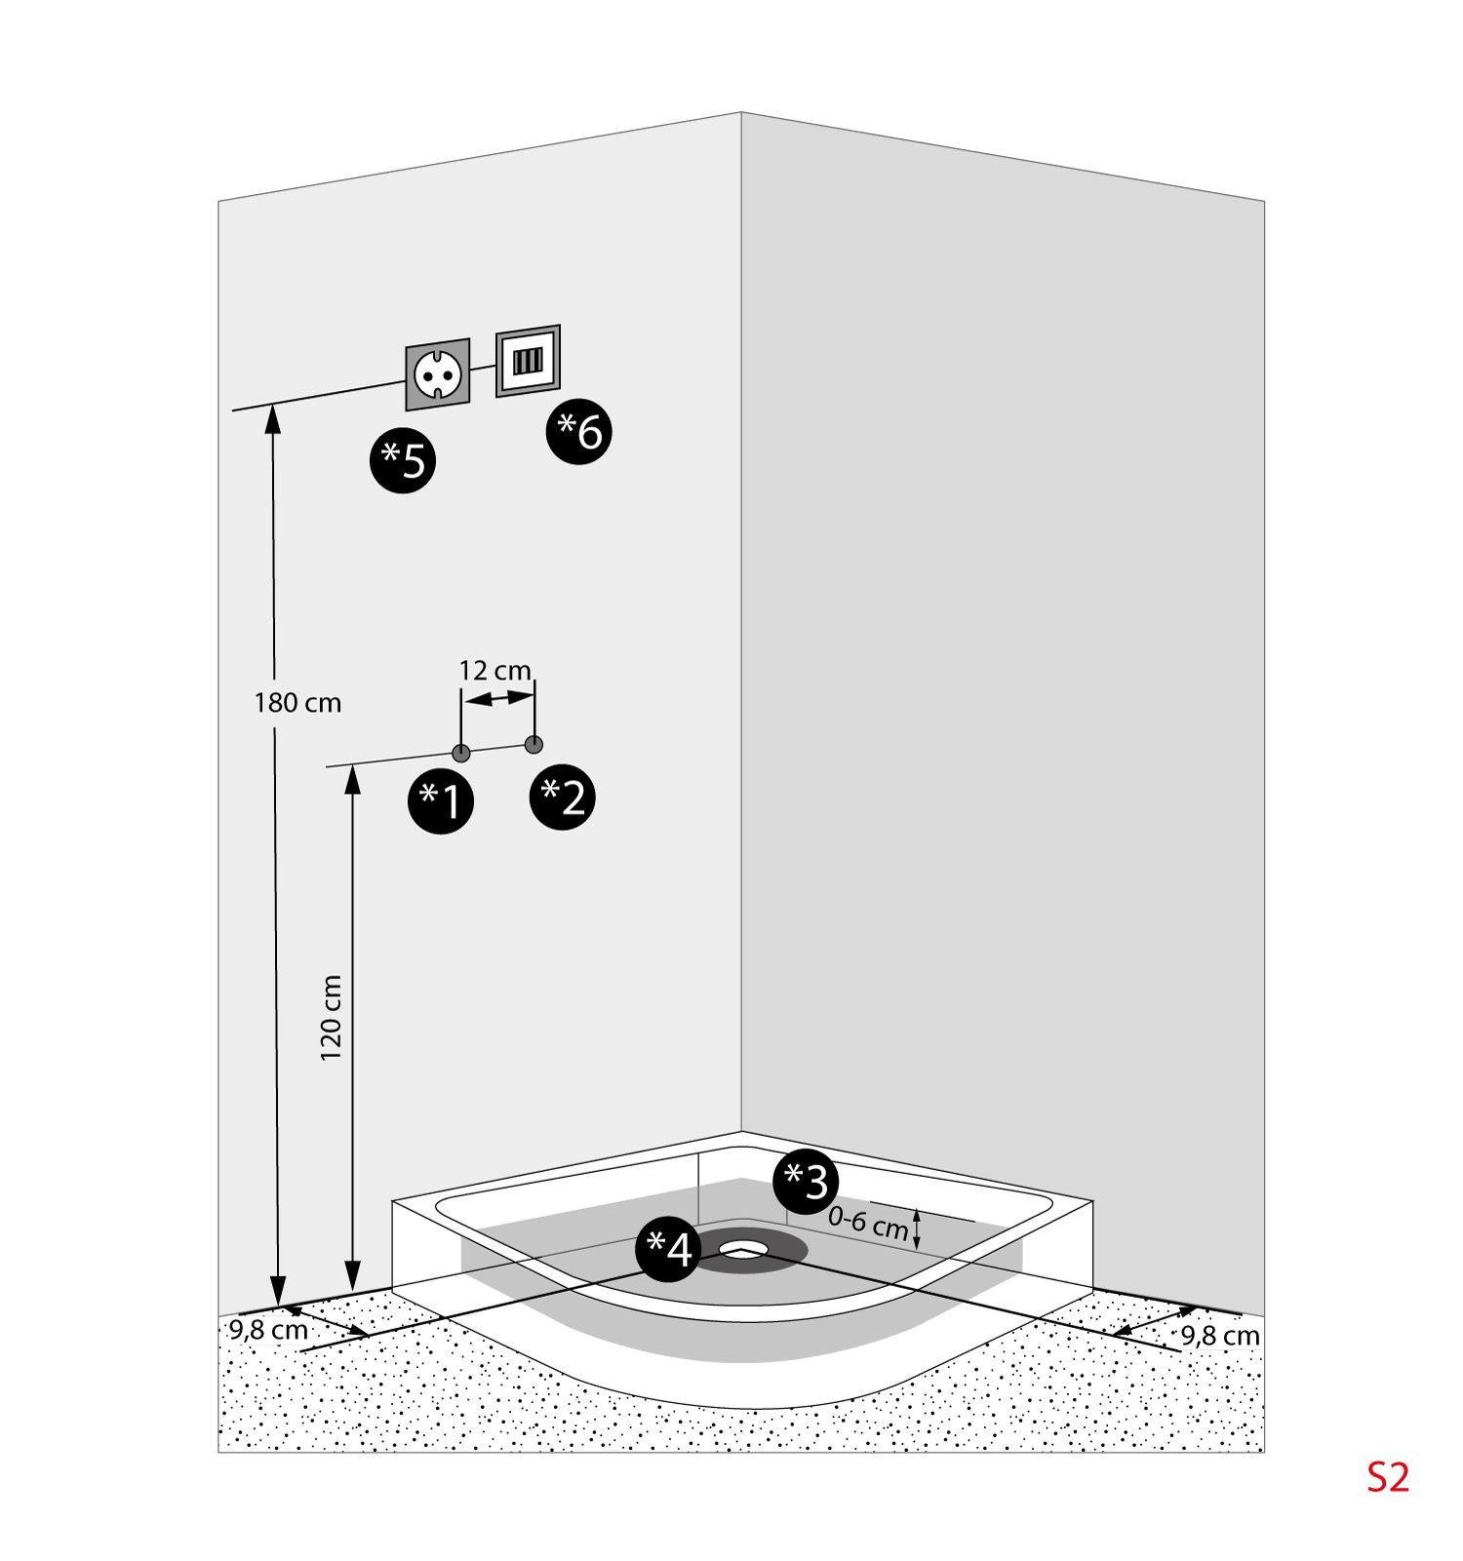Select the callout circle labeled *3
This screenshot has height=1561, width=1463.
coord(806,1182)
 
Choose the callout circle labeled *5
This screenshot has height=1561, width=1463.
coord(403,459)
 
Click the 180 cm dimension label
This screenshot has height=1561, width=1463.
coord(297,702)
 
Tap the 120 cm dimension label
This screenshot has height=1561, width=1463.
coord(332,1018)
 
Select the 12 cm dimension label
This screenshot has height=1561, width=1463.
coord(495,671)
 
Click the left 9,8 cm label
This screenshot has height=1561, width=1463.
coord(268,1330)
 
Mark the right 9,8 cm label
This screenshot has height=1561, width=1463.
coord(1220,1335)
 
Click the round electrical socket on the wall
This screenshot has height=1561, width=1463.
coord(437,374)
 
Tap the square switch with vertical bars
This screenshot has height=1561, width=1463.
coord(528,361)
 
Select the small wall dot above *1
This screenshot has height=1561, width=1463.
coord(461,753)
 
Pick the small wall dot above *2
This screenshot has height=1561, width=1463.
coord(534,744)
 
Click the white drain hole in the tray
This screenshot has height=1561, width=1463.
coord(745,1247)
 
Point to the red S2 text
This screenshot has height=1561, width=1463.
coord(1387,1478)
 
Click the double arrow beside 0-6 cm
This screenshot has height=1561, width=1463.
coord(917,1228)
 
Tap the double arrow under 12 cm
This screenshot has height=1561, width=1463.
coord(498,698)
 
